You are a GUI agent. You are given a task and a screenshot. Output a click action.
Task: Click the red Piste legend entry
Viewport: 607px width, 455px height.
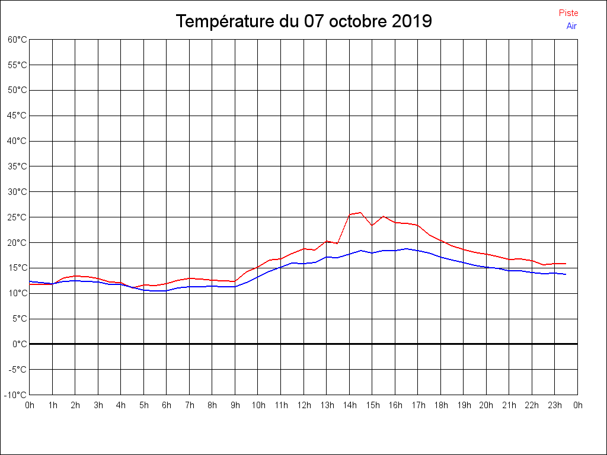pyautogui.click(x=568, y=13)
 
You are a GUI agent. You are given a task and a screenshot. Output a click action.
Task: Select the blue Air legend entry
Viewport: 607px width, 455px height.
pyautogui.click(x=571, y=25)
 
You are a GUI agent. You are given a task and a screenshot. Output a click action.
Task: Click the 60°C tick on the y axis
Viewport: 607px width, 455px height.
pyautogui.click(x=17, y=39)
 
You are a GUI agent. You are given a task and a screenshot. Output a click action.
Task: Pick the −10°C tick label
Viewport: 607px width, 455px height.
pyautogui.click(x=16, y=395)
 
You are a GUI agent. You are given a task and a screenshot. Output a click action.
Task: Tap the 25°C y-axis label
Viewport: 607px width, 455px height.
pyautogui.click(x=17, y=217)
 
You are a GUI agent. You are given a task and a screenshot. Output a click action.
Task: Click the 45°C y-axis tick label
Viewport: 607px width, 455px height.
pyautogui.click(x=17, y=116)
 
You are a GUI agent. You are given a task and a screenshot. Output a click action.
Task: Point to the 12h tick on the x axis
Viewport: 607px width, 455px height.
pyautogui.click(x=304, y=405)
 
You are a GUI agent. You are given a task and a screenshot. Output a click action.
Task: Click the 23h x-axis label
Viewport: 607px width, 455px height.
pyautogui.click(x=555, y=405)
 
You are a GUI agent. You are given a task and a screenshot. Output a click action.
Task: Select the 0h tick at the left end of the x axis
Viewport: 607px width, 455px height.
pyautogui.click(x=30, y=405)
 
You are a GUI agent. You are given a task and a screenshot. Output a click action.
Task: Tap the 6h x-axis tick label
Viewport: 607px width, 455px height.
pyautogui.click(x=167, y=405)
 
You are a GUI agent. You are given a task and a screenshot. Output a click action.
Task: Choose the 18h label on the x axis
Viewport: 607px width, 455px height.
pyautogui.click(x=441, y=405)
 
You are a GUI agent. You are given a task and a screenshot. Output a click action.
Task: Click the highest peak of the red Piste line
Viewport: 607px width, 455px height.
pyautogui.click(x=360, y=212)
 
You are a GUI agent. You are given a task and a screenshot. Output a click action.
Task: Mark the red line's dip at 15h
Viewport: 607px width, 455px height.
pyautogui.click(x=372, y=225)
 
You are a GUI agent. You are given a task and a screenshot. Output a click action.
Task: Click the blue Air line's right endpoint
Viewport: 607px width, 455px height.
pyautogui.click(x=566, y=274)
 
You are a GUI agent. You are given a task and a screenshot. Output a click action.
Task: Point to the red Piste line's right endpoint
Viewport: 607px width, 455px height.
pyautogui.click(x=566, y=264)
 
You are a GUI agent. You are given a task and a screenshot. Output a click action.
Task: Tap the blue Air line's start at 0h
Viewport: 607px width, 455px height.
pyautogui.click(x=30, y=281)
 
